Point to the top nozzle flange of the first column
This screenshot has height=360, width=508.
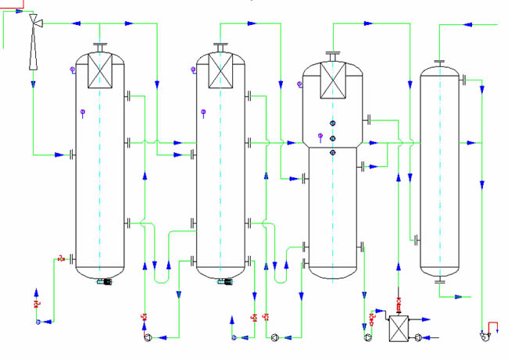[x=101, y=45]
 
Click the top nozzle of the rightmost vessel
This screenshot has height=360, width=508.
[x=439, y=62]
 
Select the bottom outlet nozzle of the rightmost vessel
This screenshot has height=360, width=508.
[x=439, y=282]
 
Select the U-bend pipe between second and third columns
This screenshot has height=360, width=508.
[x=281, y=275]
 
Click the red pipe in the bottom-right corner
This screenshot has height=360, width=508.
[x=492, y=326]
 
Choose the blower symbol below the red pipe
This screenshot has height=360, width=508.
[x=481, y=337]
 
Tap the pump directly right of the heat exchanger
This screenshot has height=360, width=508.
[x=419, y=337]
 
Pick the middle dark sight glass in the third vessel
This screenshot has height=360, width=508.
[x=333, y=138]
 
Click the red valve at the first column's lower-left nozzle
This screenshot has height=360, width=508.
[x=62, y=258]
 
